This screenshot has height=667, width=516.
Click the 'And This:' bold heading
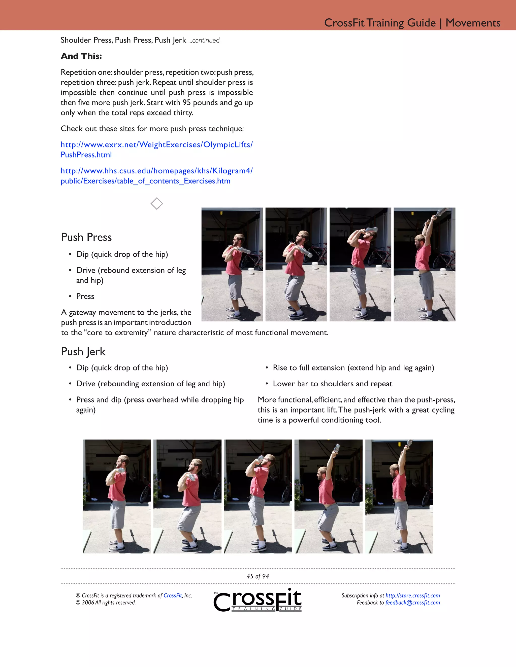click(81, 56)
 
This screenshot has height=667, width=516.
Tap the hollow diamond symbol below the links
click(156, 204)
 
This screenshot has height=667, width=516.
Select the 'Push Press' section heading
click(86, 237)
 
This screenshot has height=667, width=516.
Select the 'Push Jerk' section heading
click(83, 352)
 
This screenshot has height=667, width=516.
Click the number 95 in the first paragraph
click(186, 103)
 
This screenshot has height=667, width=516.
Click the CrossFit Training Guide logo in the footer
click(258, 600)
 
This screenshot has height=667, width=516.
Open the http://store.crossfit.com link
click(412, 596)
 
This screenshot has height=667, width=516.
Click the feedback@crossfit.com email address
click(412, 603)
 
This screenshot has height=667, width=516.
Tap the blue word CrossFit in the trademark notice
click(172, 596)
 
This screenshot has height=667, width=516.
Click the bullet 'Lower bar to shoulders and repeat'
click(332, 384)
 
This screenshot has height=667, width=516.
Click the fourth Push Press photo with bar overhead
click(424, 265)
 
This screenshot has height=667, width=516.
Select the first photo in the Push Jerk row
click(116, 496)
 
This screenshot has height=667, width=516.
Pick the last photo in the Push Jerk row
click(399, 496)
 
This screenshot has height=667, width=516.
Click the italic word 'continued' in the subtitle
click(206, 41)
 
